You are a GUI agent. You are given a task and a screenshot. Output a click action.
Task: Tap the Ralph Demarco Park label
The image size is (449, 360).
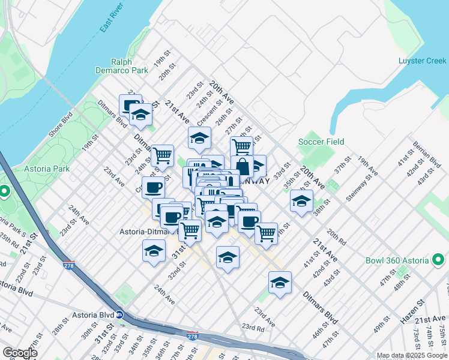(x=129, y=66)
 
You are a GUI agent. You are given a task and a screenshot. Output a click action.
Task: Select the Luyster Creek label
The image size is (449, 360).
(x=422, y=61)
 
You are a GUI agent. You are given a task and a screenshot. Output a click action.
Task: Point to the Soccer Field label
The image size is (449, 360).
(x=321, y=142)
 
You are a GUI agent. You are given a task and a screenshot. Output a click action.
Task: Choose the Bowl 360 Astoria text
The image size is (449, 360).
(x=397, y=260)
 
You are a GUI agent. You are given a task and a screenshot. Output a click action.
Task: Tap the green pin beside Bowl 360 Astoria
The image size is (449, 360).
(x=439, y=260)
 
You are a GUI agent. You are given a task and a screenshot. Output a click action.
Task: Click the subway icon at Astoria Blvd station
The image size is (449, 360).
(x=119, y=314)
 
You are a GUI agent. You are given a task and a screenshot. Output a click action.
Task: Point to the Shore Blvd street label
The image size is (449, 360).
(x=61, y=124)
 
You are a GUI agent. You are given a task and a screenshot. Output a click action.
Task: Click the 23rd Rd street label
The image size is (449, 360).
(x=253, y=328)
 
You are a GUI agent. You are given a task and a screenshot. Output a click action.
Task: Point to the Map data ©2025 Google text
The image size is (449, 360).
(x=412, y=355)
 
